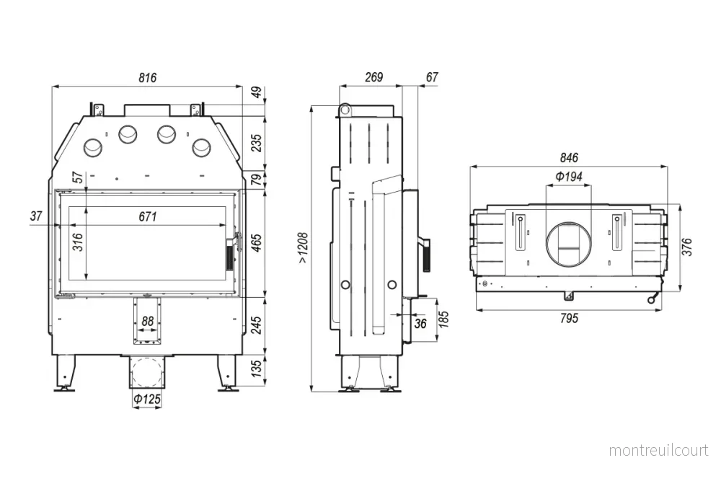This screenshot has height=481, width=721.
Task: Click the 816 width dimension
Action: pos(148,77)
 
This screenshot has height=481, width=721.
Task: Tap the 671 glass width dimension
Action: pos(148,216)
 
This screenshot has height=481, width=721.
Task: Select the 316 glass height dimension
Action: pos(78,242)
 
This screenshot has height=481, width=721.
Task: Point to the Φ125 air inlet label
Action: pos(147,399)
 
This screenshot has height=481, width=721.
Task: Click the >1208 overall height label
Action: pos(304,248)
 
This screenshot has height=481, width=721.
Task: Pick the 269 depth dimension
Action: pos(373,76)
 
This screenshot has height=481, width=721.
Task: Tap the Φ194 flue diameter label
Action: pos(569,176)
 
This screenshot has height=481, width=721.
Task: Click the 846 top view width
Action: pos(569,158)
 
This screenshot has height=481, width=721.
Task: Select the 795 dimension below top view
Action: pos(569,318)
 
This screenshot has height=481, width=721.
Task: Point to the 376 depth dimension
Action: pos(686,247)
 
